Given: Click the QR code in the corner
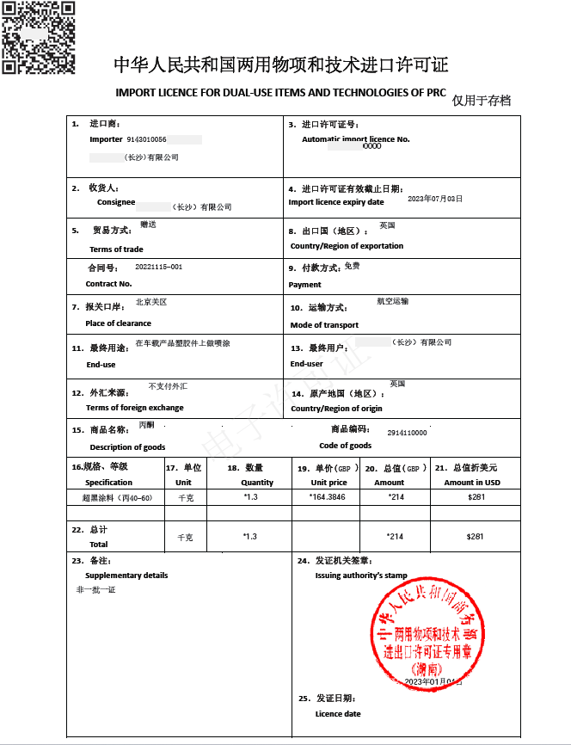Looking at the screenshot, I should [x=37, y=37].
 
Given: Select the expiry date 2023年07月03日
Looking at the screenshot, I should [x=434, y=199].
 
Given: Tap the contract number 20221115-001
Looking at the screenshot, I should [x=159, y=268].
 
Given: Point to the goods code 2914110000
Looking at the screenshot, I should [x=407, y=433].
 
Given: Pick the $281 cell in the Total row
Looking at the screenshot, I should [x=476, y=536].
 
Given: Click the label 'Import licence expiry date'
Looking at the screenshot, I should [x=336, y=202].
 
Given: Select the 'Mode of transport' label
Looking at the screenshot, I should [x=324, y=325].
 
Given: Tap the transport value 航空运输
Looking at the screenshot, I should [x=393, y=302].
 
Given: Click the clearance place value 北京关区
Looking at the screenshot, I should [x=151, y=303].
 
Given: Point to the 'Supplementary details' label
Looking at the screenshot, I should [x=126, y=576].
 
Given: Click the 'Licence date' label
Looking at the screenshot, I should [x=338, y=714].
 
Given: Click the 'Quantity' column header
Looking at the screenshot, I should [x=257, y=483].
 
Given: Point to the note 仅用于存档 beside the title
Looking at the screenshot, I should [x=482, y=101].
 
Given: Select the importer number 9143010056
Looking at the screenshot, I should [x=146, y=139].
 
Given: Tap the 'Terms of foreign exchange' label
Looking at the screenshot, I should [x=134, y=408].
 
